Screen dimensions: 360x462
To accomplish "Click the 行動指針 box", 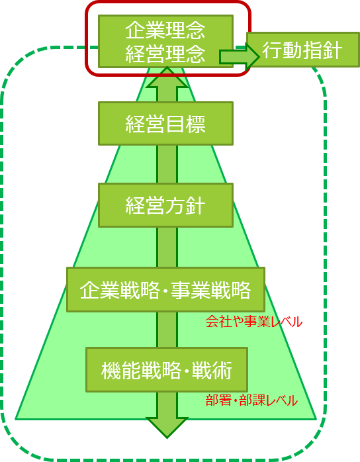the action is pyautogui.click(x=303, y=50).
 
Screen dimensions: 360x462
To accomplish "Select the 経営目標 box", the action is pyautogui.click(x=165, y=124).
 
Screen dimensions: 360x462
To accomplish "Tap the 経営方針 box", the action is pyautogui.click(x=165, y=205).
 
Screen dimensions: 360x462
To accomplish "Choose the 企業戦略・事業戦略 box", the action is pyautogui.click(x=165, y=289).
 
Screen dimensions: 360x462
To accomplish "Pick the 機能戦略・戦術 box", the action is pyautogui.click(x=167, y=370).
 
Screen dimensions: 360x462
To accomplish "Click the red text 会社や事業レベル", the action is pyautogui.click(x=253, y=322).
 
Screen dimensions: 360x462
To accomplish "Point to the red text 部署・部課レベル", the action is pyautogui.click(x=251, y=400).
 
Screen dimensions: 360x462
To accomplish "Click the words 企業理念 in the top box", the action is pyautogui.click(x=165, y=30).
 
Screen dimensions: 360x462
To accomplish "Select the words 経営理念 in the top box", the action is pyautogui.click(x=165, y=54).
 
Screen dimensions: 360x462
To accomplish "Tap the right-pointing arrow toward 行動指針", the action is pyautogui.click(x=239, y=56).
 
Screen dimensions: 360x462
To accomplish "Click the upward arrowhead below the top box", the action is pyautogui.click(x=167, y=77).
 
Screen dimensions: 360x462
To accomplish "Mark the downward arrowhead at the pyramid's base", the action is pyautogui.click(x=167, y=428).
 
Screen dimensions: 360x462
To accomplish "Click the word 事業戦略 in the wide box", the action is pyautogui.click(x=211, y=290).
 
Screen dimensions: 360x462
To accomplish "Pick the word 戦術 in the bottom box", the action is pyautogui.click(x=212, y=370).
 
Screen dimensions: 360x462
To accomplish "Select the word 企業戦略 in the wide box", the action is pyautogui.click(x=120, y=290).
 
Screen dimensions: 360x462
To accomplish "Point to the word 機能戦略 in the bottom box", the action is pyautogui.click(x=141, y=370).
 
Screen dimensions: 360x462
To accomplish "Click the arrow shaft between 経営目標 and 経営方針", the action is pyautogui.click(x=167, y=164).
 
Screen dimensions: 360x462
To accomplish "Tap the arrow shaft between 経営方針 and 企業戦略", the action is pyautogui.click(x=167, y=247).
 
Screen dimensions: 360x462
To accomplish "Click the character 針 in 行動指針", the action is pyautogui.click(x=333, y=50).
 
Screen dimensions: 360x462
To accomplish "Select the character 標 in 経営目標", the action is pyautogui.click(x=196, y=124).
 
